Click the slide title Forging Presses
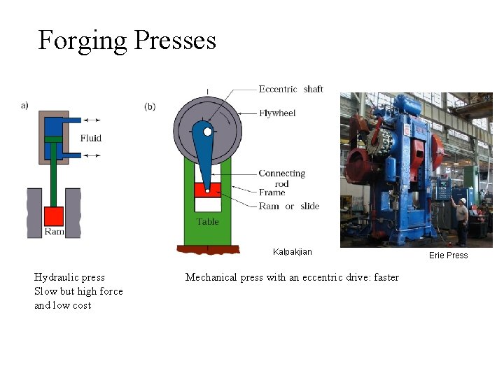[127, 41]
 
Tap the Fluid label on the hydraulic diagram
[91, 138]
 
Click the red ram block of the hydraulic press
[53, 216]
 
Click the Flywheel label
[277, 113]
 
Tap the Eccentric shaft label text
[290, 89]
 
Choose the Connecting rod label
[281, 178]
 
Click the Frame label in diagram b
[272, 192]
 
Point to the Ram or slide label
[288, 206]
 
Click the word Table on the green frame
[207, 222]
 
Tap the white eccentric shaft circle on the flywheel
[207, 130]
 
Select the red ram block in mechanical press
[207, 189]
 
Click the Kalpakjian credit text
[293, 252]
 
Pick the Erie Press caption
[448, 255]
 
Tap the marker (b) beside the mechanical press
[150, 106]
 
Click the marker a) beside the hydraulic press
[24, 105]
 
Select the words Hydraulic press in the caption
[69, 277]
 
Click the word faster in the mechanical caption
[386, 277]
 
